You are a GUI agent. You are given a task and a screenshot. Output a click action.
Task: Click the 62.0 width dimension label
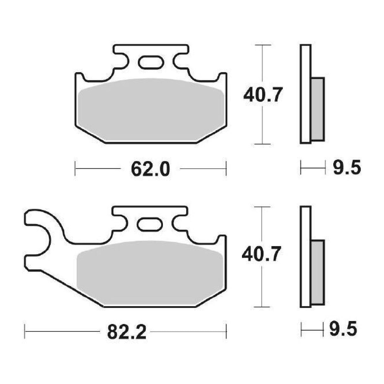point(150,169)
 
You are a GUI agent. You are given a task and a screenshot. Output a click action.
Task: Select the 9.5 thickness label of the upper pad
point(346,167)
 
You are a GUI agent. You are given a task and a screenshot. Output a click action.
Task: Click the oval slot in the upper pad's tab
point(151,62)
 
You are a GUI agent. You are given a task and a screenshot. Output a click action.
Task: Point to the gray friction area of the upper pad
point(151,111)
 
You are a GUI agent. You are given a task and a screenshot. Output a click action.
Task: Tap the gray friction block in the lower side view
point(318,272)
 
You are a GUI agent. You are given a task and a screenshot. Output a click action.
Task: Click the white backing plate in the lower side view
point(306,256)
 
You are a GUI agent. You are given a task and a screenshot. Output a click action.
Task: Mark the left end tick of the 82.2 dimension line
point(25,331)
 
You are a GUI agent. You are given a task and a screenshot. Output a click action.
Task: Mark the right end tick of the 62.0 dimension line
point(226,168)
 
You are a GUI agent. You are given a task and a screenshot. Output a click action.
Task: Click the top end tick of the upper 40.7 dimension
point(262,46)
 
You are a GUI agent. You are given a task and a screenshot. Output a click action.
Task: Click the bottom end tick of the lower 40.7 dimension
point(262,307)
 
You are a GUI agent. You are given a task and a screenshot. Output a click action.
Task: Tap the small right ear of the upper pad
point(223,78)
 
